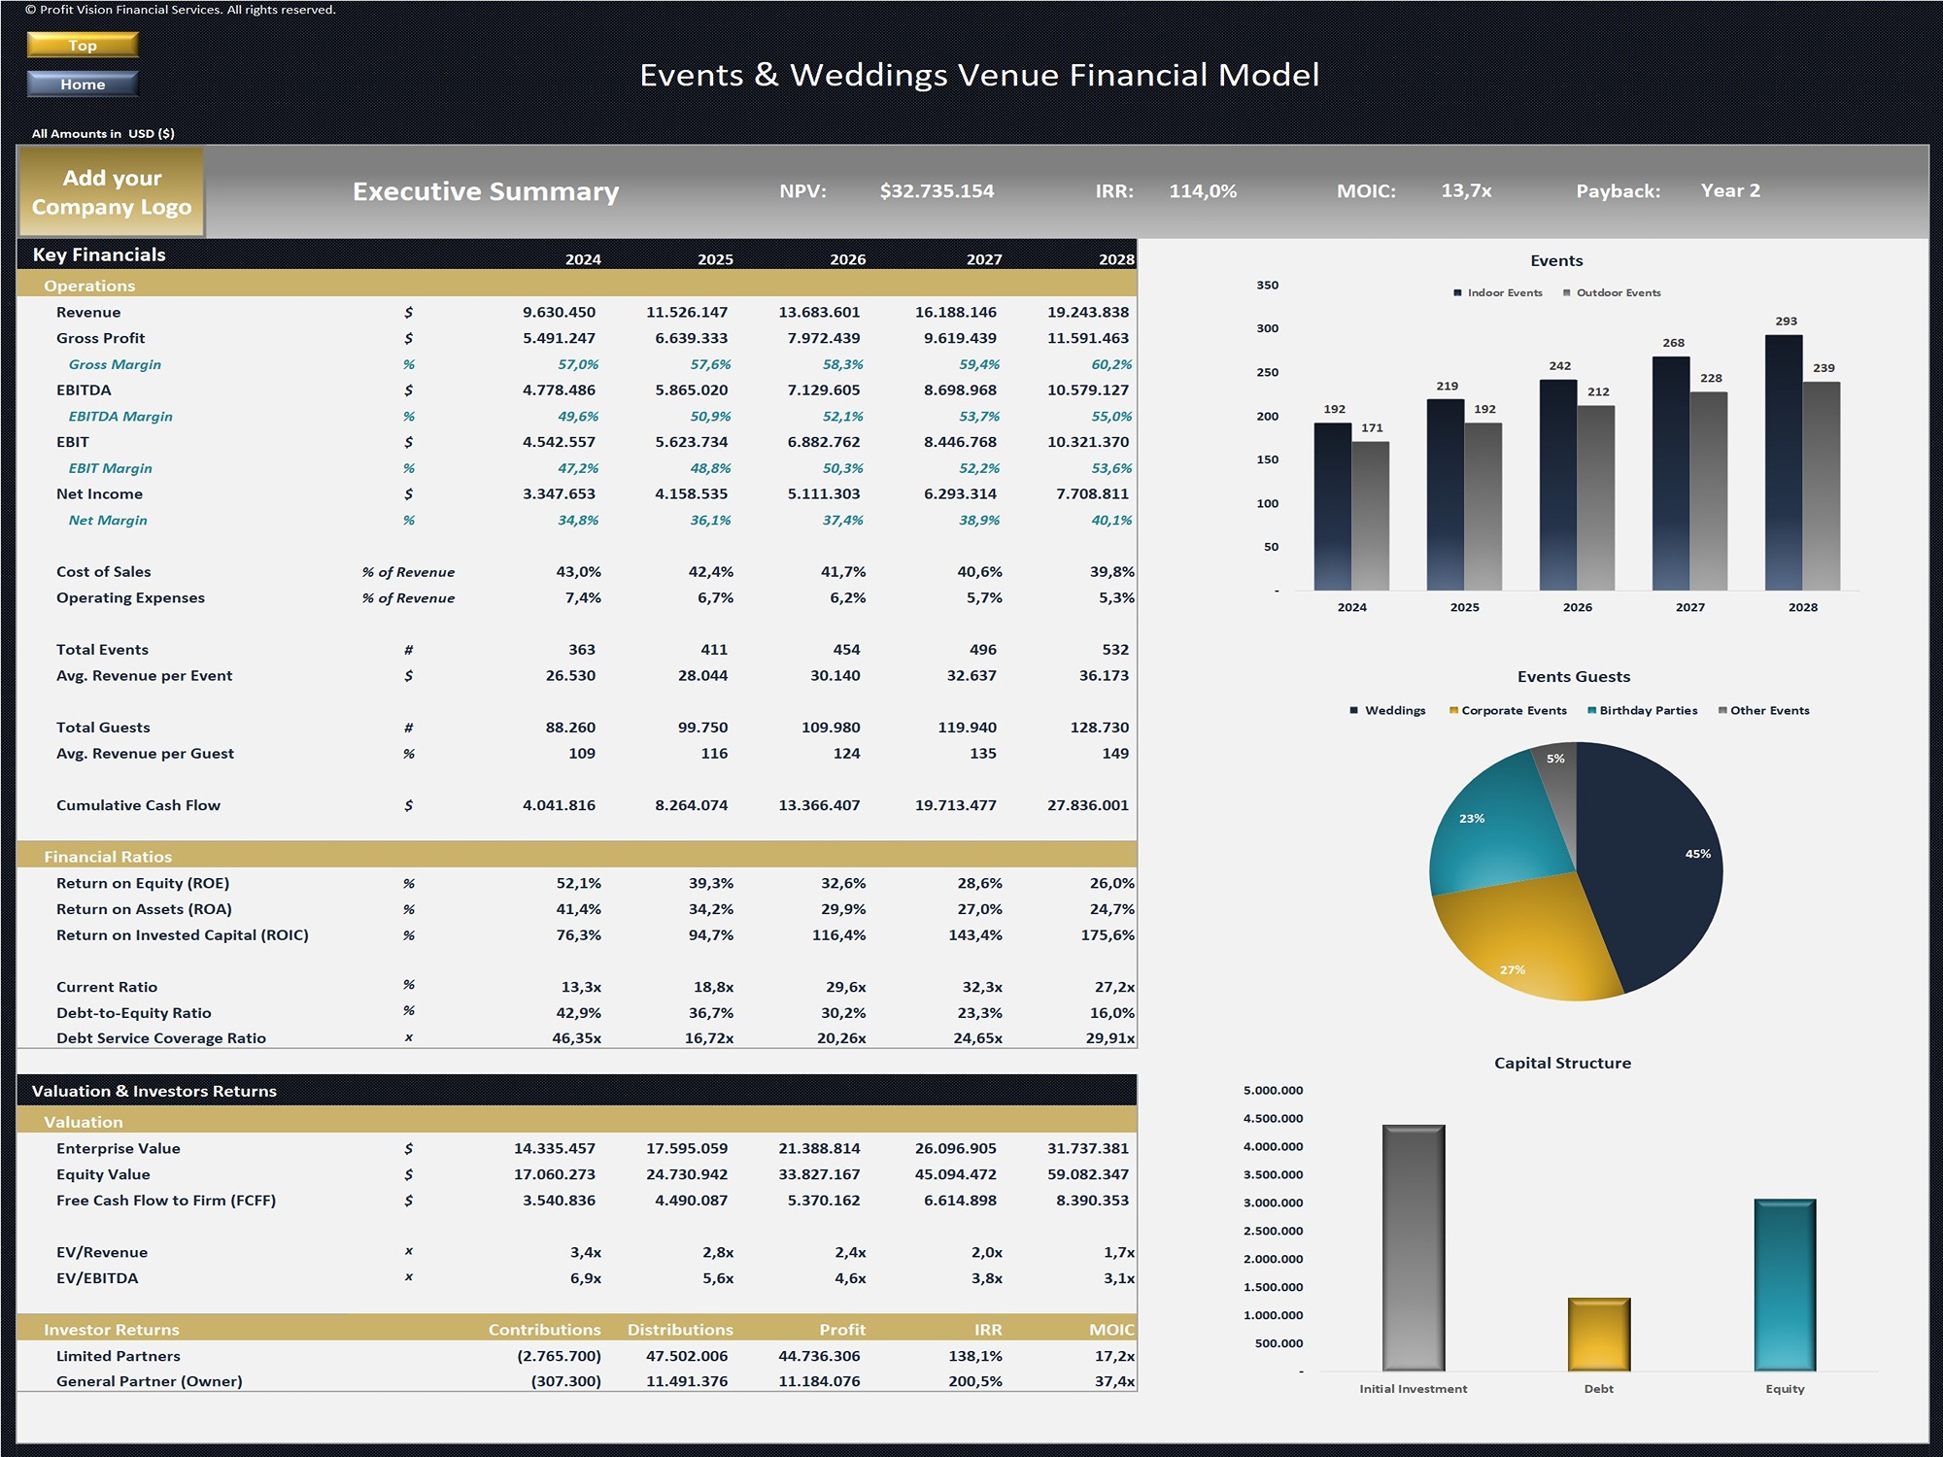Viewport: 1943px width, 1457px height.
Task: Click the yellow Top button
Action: [x=83, y=45]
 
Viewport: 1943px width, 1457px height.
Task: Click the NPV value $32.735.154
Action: [x=937, y=191]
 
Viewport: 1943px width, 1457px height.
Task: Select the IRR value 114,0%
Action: [x=1203, y=191]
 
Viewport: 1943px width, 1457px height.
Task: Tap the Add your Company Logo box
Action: [x=112, y=192]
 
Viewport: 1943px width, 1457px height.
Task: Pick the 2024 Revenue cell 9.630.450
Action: [x=559, y=312]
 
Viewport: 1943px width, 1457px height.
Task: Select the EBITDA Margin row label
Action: [x=120, y=416]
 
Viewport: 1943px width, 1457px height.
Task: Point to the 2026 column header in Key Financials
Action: [x=847, y=259]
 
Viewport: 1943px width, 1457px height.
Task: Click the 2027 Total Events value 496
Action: [x=982, y=649]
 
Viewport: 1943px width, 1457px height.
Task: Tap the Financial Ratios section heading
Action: [x=108, y=857]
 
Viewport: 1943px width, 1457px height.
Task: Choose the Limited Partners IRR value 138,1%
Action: [x=975, y=1356]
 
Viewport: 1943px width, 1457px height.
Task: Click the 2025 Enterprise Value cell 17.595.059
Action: [x=687, y=1148]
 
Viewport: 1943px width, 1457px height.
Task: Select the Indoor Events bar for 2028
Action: [x=1784, y=462]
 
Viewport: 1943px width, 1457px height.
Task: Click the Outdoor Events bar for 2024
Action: [x=1371, y=516]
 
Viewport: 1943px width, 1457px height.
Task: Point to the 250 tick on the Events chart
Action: [x=1268, y=372]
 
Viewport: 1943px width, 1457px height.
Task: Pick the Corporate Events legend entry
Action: [x=1508, y=710]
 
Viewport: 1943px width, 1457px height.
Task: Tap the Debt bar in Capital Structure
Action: [x=1598, y=1334]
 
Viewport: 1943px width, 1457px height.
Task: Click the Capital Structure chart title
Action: [x=1562, y=1063]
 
